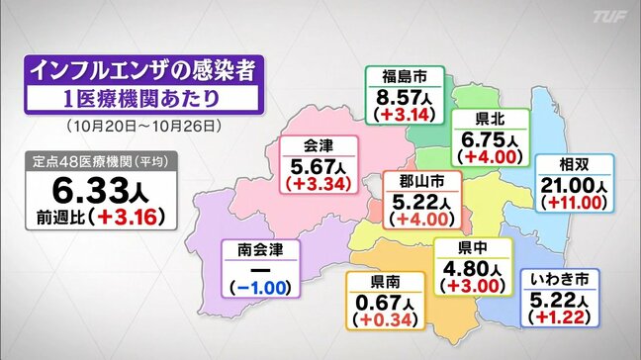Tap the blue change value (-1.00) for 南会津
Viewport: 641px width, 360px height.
pyautogui.click(x=259, y=287)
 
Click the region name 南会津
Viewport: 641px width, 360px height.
pyautogui.click(x=259, y=250)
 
